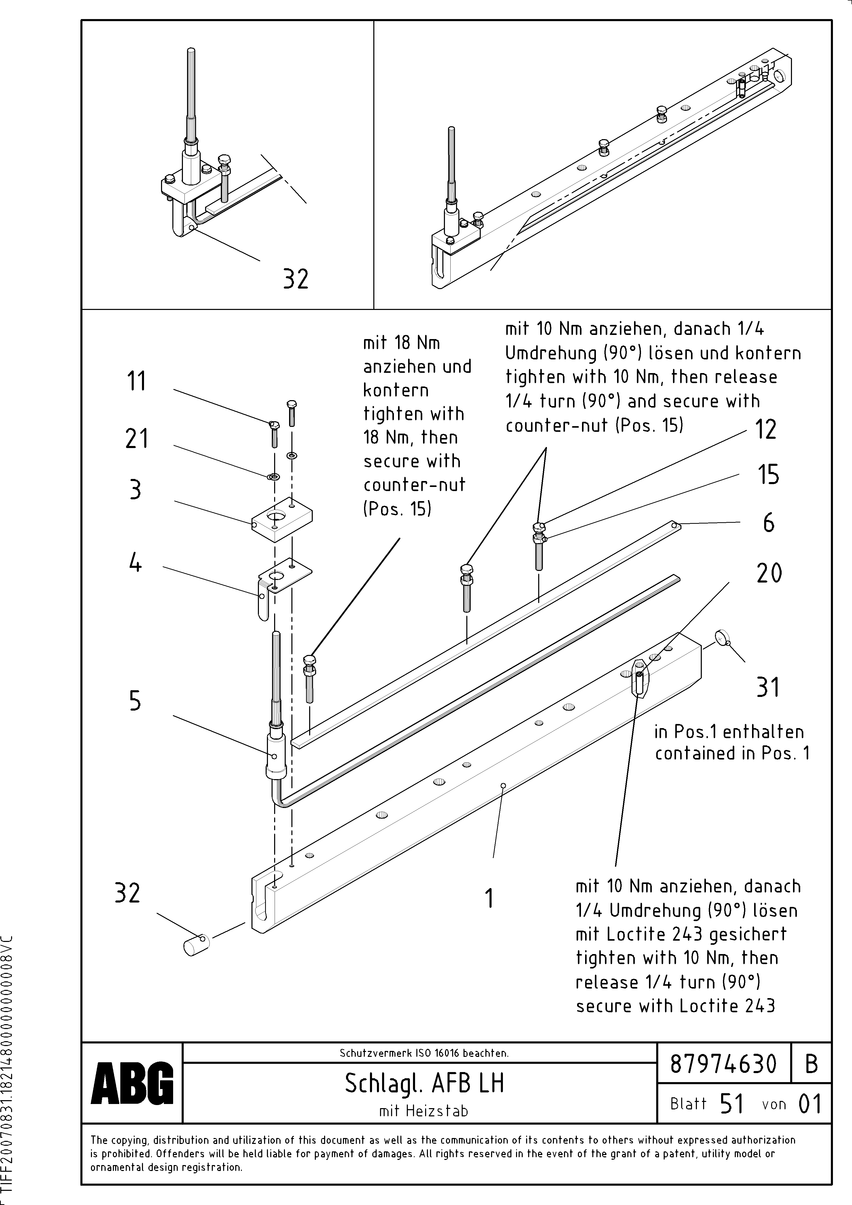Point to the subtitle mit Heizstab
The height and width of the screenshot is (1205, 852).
[423, 1111]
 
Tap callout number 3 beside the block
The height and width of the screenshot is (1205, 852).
[136, 490]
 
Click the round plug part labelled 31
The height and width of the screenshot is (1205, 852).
[723, 638]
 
